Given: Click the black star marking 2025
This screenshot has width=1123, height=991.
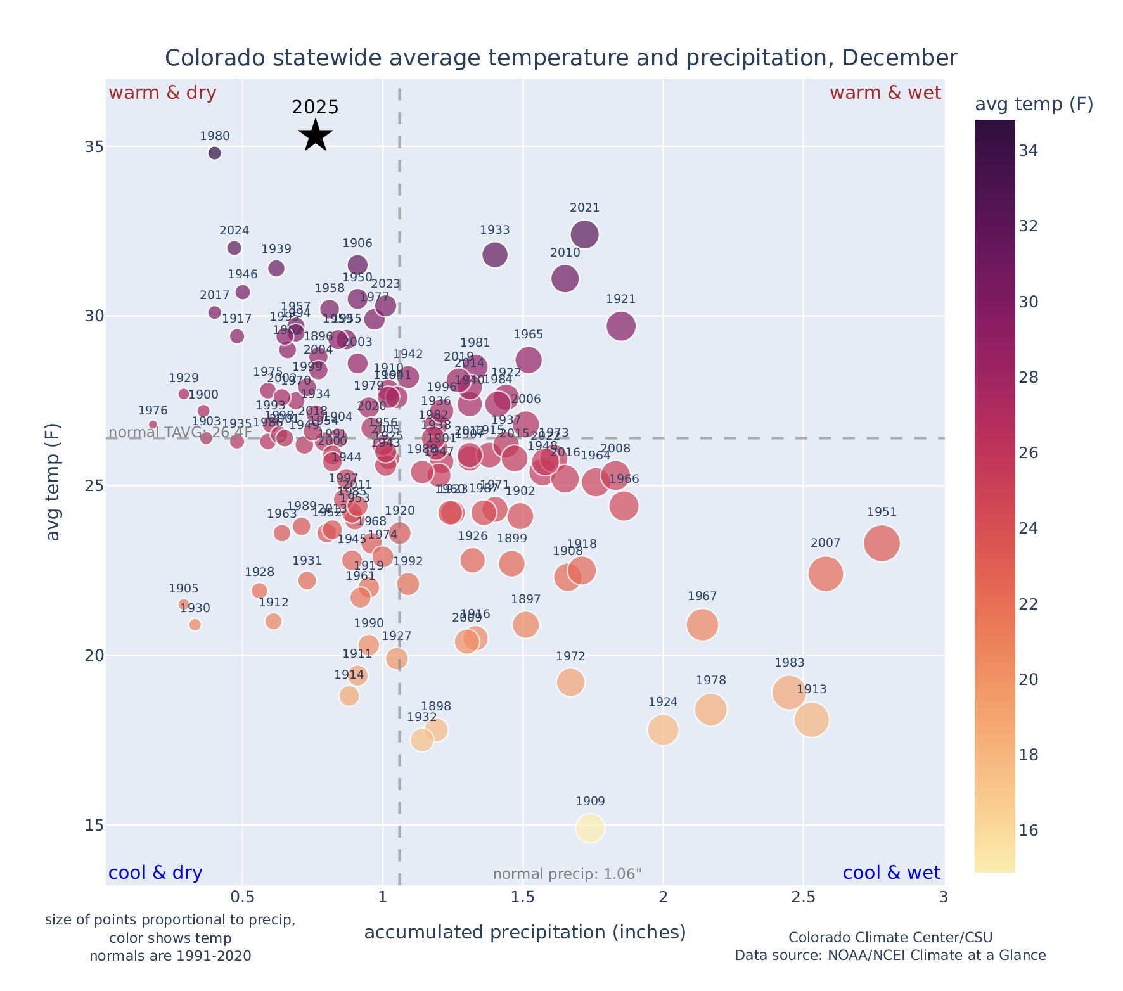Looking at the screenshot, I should tap(315, 135).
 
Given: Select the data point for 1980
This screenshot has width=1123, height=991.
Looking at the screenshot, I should tap(215, 153).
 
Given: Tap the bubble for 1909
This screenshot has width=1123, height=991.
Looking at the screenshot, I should tap(590, 828).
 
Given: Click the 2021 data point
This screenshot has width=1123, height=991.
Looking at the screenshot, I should tap(584, 234).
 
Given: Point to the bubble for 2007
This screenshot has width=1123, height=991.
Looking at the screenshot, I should tap(825, 573).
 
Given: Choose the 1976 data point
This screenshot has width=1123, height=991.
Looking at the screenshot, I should tap(153, 425).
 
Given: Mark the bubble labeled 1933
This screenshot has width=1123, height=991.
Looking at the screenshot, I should tap(495, 255).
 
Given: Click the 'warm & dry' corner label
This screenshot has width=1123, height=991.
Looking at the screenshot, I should tap(162, 93).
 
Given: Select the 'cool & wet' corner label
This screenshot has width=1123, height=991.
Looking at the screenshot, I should tap(891, 873).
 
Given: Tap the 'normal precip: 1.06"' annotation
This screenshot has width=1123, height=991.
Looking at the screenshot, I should tap(567, 874).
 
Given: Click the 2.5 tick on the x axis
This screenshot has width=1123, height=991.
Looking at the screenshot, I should tap(803, 898).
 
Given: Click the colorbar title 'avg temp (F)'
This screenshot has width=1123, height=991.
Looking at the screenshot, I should tap(1034, 105).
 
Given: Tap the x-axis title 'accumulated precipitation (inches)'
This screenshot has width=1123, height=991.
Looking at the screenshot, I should tap(525, 932).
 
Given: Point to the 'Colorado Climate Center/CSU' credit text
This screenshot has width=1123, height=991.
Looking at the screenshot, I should tap(890, 937).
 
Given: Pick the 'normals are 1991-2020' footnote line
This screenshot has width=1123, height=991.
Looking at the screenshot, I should tap(170, 956).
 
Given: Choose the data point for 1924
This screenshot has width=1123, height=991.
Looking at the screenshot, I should tap(663, 729).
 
